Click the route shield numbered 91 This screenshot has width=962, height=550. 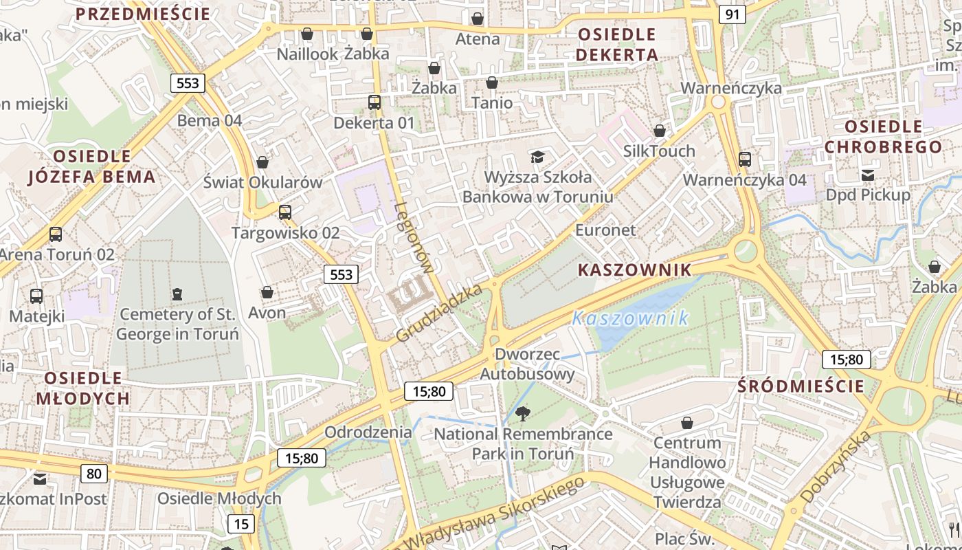click(732, 14)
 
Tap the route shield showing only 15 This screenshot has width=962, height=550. click(240, 524)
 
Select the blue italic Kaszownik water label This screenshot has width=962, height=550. click(630, 318)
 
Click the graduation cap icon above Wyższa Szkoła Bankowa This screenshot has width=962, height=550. click(537, 157)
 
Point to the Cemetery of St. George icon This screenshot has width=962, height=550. click(177, 294)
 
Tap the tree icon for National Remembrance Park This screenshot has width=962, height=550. click(523, 413)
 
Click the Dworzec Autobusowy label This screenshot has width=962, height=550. click(527, 364)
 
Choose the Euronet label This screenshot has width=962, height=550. click(605, 230)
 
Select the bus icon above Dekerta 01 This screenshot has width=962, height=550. click(374, 102)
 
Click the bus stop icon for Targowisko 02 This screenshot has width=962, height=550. click(285, 212)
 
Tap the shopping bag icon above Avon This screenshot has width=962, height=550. click(267, 292)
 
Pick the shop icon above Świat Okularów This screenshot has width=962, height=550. click(262, 162)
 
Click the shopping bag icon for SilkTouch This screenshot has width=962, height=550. click(660, 130)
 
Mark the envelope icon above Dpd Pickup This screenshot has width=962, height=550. click(868, 175)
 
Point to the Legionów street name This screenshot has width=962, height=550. click(415, 238)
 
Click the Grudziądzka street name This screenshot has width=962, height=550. click(440, 313)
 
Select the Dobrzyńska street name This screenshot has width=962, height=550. click(836, 466)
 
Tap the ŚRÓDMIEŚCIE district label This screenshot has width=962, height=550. click(801, 386)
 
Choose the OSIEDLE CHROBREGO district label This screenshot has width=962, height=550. click(883, 137)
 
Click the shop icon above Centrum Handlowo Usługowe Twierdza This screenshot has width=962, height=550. click(686, 422)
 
